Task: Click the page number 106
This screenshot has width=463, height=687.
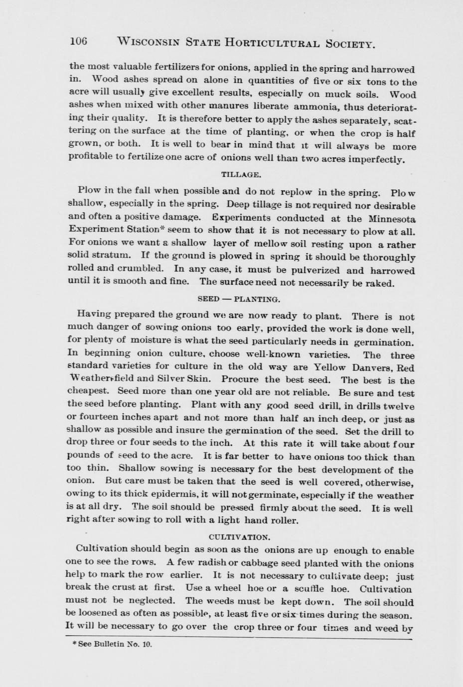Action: click(79, 41)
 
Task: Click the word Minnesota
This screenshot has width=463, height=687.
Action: click(392, 219)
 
